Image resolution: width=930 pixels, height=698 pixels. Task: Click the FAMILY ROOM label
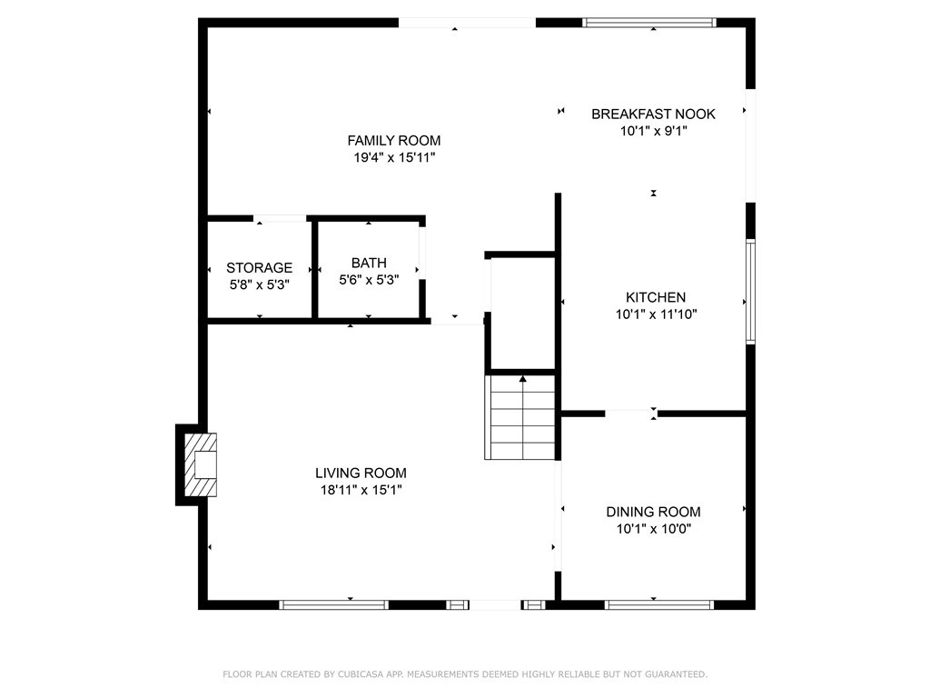coord(394,141)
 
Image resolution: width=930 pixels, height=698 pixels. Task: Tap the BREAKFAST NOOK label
coord(653,114)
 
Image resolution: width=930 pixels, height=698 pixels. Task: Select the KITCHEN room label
coord(656,297)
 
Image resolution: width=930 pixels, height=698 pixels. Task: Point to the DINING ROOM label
coord(653,512)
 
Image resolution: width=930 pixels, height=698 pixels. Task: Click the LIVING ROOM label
coord(361,473)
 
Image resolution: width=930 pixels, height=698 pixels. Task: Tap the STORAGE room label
coord(259,268)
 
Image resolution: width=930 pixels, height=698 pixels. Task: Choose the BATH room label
coord(369,263)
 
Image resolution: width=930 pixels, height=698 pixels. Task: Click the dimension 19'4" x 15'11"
coord(394,158)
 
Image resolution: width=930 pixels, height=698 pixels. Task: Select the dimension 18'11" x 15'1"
coord(361,490)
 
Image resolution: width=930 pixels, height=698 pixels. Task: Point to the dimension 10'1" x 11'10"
coord(656,314)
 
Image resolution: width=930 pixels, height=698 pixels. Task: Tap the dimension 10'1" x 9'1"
coord(654,131)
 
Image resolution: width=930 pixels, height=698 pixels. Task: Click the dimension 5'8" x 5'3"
coord(259,284)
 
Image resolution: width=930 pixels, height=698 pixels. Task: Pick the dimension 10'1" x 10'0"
coord(654,529)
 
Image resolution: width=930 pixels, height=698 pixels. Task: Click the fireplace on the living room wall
coord(201,464)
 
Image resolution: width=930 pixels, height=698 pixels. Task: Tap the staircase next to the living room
coord(520,417)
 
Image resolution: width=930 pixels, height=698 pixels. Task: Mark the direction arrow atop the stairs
coord(522,378)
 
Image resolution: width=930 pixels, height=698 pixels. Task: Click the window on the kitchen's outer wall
coord(750,292)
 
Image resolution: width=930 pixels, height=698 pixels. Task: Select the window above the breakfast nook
coord(648,23)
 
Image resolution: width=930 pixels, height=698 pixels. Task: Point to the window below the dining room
coord(659,604)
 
